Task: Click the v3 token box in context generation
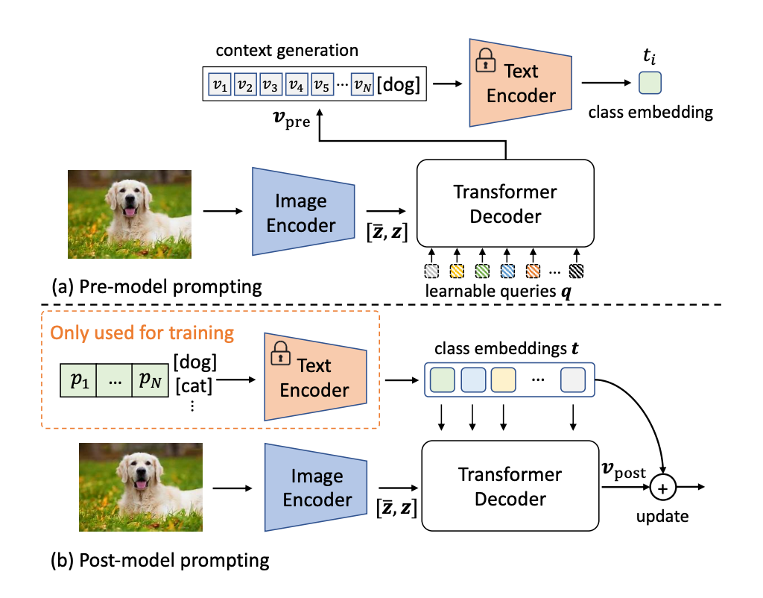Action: point(271,85)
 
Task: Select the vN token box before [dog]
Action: point(363,85)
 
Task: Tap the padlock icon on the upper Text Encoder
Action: point(485,61)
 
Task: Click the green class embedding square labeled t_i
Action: point(650,83)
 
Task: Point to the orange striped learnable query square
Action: point(533,271)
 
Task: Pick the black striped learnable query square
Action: point(576,271)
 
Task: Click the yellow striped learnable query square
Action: point(457,271)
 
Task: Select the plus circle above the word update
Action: point(662,488)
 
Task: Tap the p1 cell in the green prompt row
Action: point(78,380)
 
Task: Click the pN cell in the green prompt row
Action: point(150,380)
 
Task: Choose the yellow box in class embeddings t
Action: point(503,380)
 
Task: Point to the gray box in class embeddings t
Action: point(573,380)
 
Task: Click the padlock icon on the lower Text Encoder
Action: point(280,353)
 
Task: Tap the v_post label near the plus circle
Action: point(624,470)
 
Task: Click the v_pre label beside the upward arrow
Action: point(291,119)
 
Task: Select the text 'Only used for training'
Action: point(142,333)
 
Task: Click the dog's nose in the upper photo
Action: point(130,200)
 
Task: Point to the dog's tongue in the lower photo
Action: point(141,485)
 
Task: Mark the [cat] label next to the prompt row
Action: point(194,385)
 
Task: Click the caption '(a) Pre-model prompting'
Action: point(156,287)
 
